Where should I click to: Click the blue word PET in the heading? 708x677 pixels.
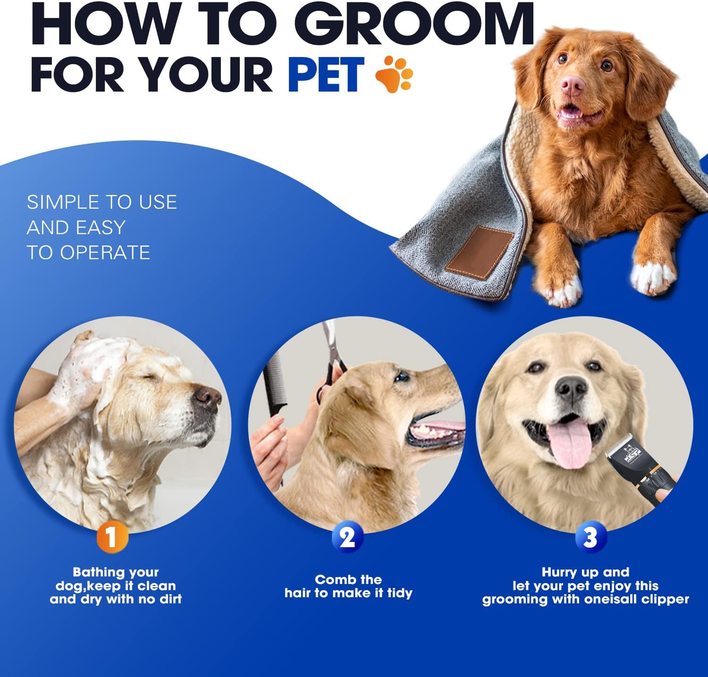click(x=326, y=74)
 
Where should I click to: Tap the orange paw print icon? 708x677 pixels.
click(x=394, y=74)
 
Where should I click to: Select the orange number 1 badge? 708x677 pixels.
click(x=112, y=537)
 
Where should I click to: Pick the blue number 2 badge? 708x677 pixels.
click(x=347, y=537)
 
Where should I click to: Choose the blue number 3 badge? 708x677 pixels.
click(x=590, y=537)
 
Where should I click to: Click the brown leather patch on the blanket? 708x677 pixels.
click(x=480, y=252)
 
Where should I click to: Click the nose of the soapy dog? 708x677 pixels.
click(x=208, y=398)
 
